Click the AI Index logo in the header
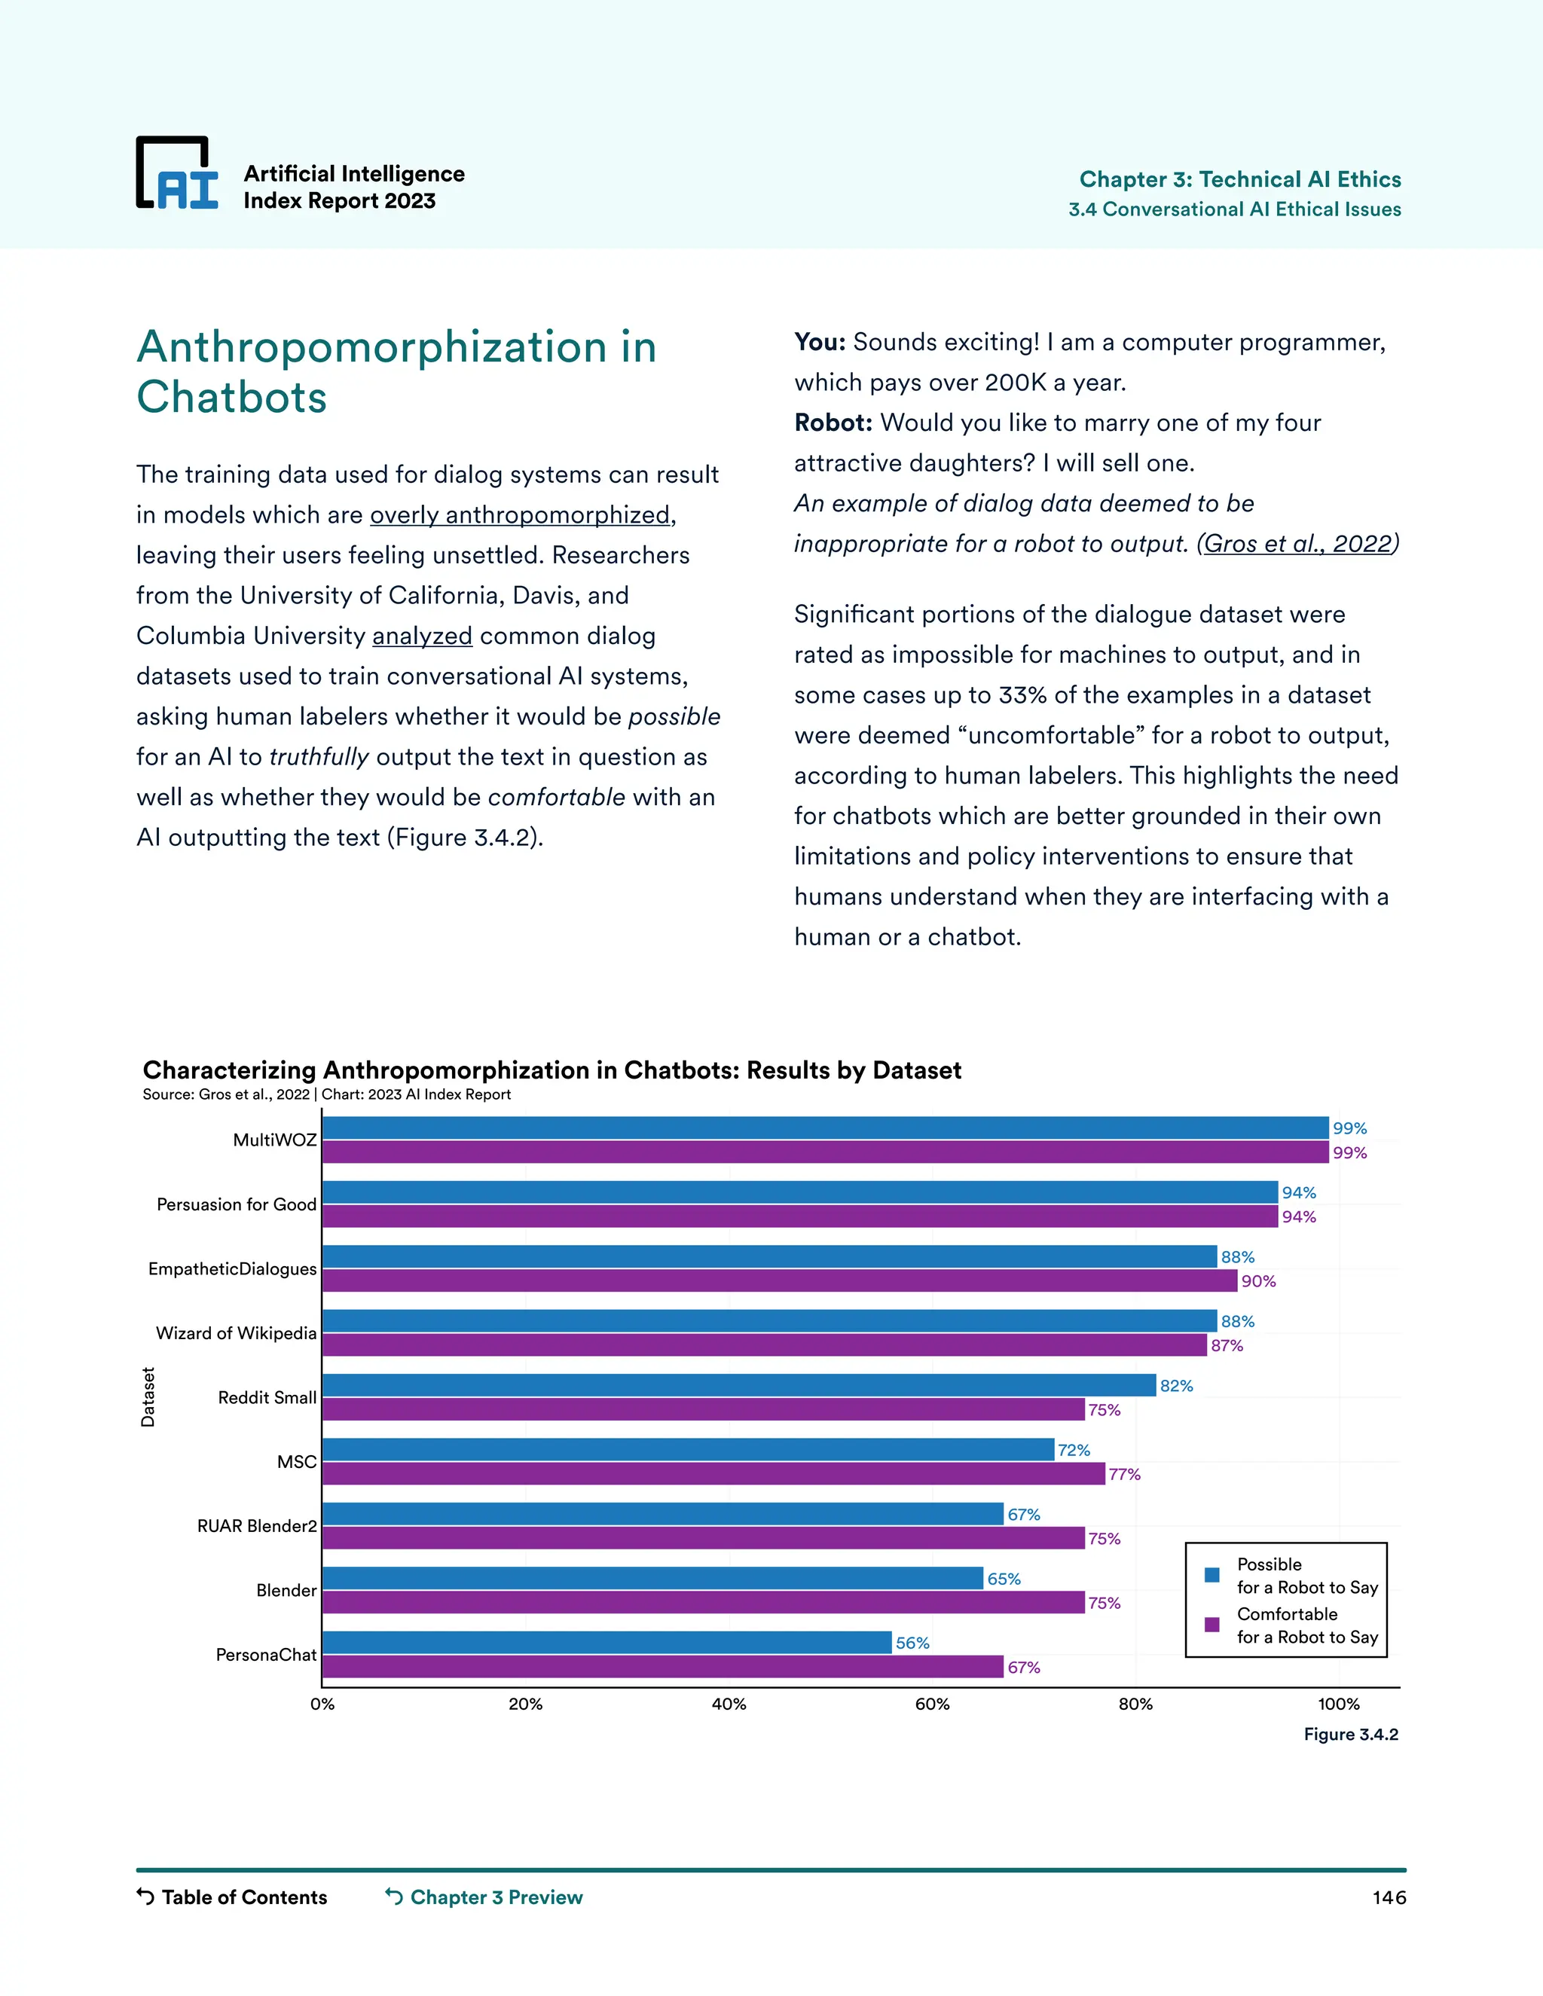pyautogui.click(x=177, y=174)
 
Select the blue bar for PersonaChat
pyautogui.click(x=607, y=1642)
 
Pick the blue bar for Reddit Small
pyautogui.click(x=738, y=1385)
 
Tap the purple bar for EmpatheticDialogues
pyautogui.click(x=780, y=1280)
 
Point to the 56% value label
pyautogui.click(x=912, y=1643)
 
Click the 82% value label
pyautogui.click(x=1176, y=1385)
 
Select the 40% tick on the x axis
pyautogui.click(x=729, y=1705)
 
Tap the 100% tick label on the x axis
pyautogui.click(x=1338, y=1705)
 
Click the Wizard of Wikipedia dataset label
pyautogui.click(x=236, y=1333)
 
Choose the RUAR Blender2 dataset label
pyautogui.click(x=257, y=1526)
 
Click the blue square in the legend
pyautogui.click(x=1212, y=1575)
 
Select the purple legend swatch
pyautogui.click(x=1212, y=1625)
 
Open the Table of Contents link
pyautogui.click(x=243, y=1897)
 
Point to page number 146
pyautogui.click(x=1389, y=1898)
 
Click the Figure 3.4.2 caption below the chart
pyautogui.click(x=1350, y=1735)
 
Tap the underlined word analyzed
pyautogui.click(x=423, y=636)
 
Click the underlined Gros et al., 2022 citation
pyautogui.click(x=1298, y=544)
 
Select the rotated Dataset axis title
pyautogui.click(x=148, y=1397)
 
